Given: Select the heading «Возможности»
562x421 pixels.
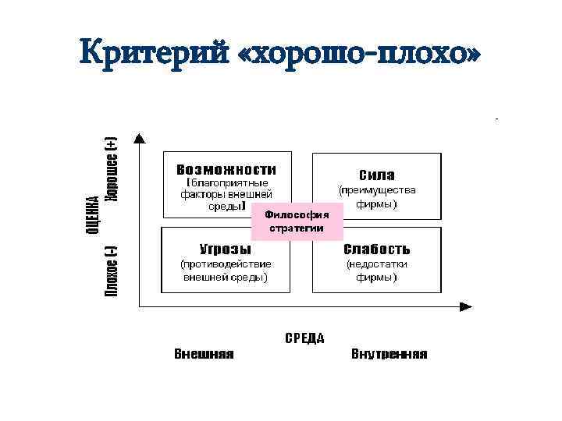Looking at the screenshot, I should [226, 169].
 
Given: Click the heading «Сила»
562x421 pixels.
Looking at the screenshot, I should [377, 175].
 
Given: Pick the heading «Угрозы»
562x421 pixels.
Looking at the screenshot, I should [226, 249].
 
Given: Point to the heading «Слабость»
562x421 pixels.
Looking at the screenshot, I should [377, 249].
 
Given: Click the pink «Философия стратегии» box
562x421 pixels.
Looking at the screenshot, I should [297, 221].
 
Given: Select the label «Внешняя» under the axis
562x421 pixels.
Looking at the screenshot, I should [204, 354].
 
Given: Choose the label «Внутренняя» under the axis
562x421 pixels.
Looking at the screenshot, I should [389, 354].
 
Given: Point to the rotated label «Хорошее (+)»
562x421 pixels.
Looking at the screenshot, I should [112, 169].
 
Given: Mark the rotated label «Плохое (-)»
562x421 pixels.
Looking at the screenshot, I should [112, 271].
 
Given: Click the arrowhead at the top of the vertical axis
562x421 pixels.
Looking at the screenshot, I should [139, 139].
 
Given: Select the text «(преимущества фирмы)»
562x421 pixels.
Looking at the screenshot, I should [377, 196].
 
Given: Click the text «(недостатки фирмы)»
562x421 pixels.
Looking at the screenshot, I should [377, 271].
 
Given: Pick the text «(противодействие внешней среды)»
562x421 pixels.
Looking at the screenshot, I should [226, 271].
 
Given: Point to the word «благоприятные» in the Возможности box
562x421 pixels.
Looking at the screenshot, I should [229, 182].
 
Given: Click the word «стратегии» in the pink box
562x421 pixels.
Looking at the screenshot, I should [297, 228].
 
